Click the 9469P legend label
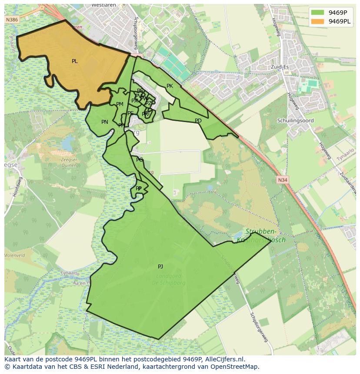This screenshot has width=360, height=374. (x=337, y=13)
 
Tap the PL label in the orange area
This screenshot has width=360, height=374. (x=75, y=61)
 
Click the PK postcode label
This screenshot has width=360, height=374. (x=170, y=86)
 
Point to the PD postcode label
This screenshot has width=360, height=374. (x=198, y=121)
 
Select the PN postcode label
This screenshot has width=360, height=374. (x=104, y=122)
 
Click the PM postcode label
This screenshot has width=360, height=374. (x=120, y=104)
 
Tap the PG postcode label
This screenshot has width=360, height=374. (x=139, y=160)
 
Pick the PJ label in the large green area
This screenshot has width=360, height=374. (x=160, y=267)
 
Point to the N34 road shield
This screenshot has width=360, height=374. (x=282, y=179)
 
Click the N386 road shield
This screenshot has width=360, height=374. (x=12, y=20)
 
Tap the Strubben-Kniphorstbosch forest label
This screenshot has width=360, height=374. (x=260, y=235)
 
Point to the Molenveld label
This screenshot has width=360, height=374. (x=14, y=256)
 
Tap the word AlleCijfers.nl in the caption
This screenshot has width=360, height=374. (x=223, y=360)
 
